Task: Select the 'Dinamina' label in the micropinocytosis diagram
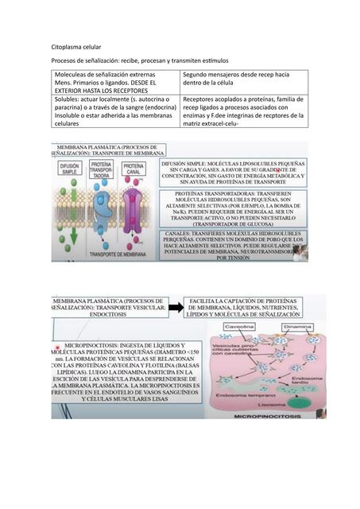pos(296,327)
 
